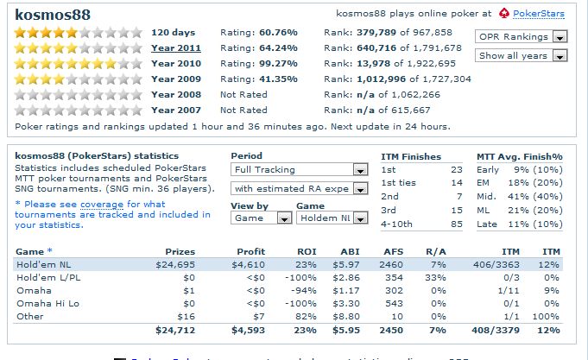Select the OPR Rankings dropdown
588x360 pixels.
coord(521,37)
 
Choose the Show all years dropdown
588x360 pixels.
coord(521,56)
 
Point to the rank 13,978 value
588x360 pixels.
coord(373,63)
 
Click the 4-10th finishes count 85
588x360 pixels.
coord(458,225)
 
